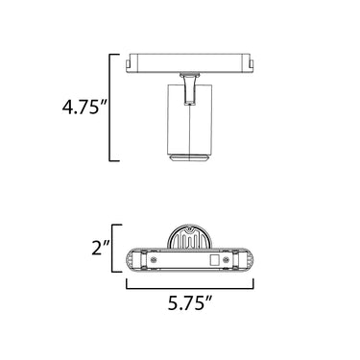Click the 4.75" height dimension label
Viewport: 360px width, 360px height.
84,107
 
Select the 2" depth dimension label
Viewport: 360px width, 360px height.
101,248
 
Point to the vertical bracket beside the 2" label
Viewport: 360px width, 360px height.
115,249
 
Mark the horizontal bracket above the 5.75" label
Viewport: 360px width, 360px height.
190,285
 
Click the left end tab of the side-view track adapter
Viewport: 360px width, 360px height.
129,64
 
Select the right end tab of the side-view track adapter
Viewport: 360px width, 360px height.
252,63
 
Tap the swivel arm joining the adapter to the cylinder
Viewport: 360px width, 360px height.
190,88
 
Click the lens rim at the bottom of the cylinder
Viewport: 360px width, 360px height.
190,158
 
